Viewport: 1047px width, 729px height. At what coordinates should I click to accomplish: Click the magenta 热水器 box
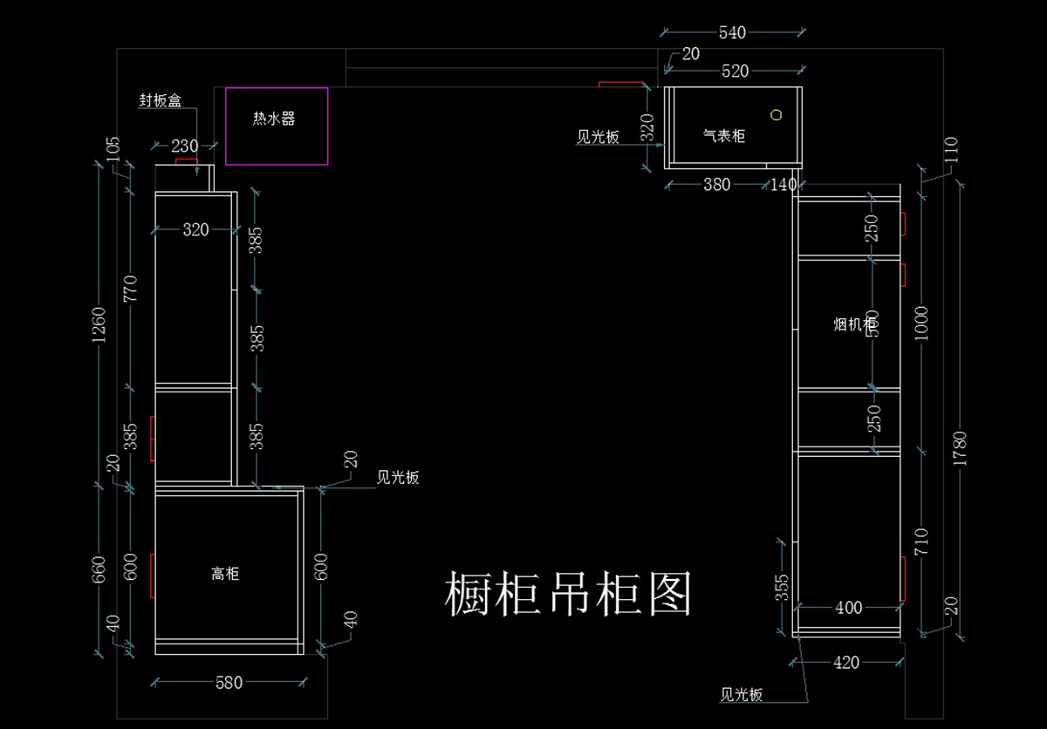(x=277, y=126)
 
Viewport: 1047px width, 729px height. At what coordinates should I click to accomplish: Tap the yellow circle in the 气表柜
(x=776, y=114)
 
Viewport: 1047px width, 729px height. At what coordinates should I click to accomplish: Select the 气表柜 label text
(x=724, y=136)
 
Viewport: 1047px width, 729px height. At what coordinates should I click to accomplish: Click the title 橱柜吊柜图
(x=569, y=594)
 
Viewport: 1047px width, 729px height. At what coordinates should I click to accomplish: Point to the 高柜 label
(x=225, y=573)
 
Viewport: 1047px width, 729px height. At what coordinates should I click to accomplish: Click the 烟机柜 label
(x=854, y=324)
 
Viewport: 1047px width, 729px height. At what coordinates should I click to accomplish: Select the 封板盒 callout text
(x=160, y=100)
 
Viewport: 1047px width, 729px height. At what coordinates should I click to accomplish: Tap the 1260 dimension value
(x=99, y=324)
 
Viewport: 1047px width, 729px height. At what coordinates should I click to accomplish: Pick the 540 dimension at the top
(x=732, y=32)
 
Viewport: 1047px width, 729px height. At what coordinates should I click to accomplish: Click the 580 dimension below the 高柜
(x=229, y=683)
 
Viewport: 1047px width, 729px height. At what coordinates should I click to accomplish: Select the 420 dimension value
(x=846, y=663)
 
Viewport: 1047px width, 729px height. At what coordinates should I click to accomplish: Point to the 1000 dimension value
(x=924, y=324)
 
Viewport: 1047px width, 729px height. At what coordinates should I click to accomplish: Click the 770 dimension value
(x=131, y=288)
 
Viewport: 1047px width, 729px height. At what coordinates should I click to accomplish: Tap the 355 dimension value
(x=782, y=588)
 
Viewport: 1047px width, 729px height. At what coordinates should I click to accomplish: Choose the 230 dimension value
(x=184, y=146)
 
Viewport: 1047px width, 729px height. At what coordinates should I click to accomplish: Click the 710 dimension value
(x=922, y=542)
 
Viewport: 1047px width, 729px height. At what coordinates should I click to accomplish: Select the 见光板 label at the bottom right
(x=742, y=695)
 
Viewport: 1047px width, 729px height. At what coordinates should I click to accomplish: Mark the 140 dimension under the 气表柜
(x=784, y=184)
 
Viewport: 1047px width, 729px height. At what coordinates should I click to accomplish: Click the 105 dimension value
(x=113, y=150)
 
